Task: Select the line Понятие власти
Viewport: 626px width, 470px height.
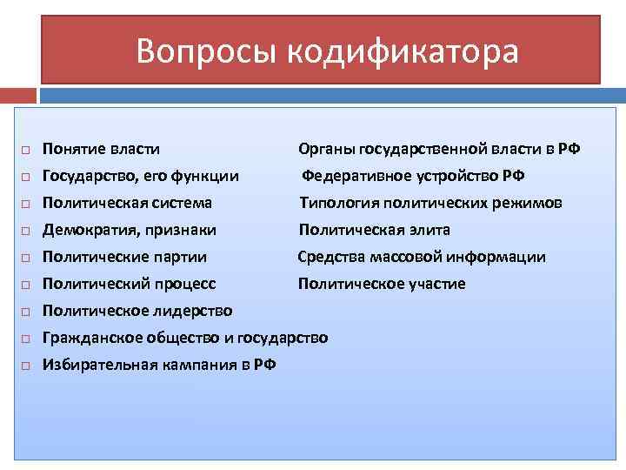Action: pos(101,149)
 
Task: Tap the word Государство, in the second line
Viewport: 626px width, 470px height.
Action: pos(90,176)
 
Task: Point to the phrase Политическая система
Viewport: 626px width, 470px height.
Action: pos(127,203)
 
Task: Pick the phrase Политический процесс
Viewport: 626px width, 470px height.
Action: pos(129,284)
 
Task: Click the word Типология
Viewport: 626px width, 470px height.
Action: pos(336,203)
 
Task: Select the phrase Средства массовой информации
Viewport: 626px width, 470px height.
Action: pos(422,257)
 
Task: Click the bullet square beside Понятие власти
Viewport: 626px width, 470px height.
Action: pos(26,150)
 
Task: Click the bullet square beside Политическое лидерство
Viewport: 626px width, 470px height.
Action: pos(26,312)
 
